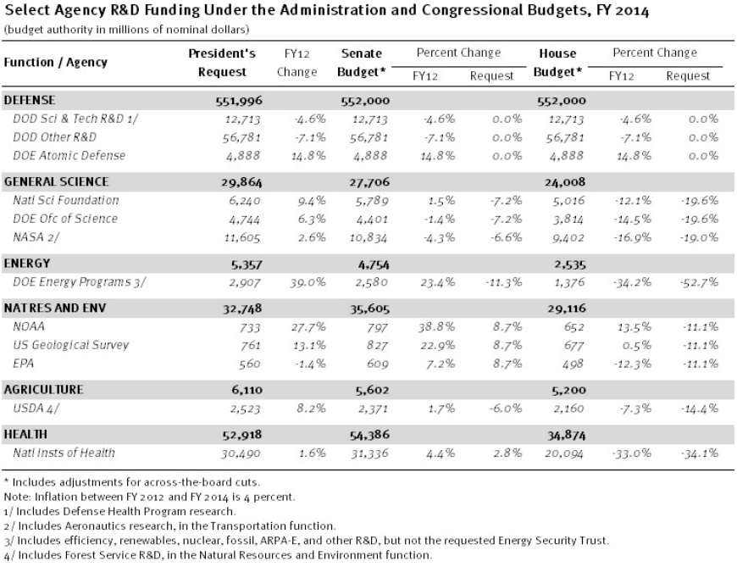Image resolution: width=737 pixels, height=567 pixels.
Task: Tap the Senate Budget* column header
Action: pyautogui.click(x=363, y=63)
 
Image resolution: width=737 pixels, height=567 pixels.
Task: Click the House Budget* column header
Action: pyautogui.click(x=557, y=63)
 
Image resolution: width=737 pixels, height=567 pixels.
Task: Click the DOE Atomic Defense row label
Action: pyautogui.click(x=69, y=155)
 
